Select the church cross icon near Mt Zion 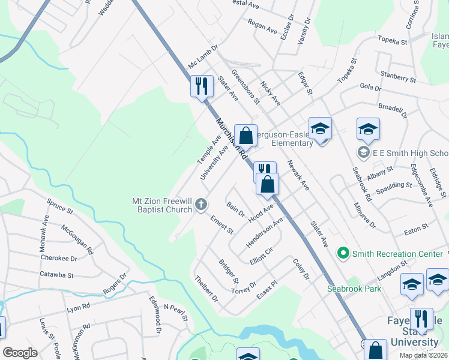coord(201,206)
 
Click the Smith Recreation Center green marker coord(343,254)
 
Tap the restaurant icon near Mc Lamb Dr coord(202,86)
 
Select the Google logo coord(20,353)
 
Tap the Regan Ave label coord(261,26)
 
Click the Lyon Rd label coord(78,306)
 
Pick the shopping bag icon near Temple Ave coord(246,136)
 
